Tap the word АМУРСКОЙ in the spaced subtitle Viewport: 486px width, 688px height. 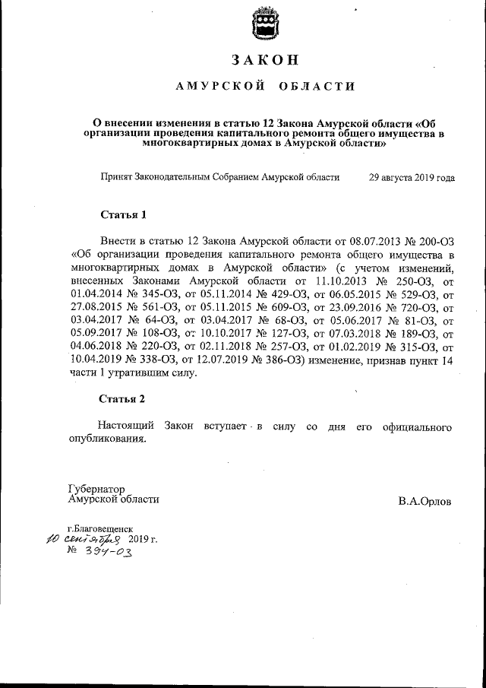click(x=220, y=87)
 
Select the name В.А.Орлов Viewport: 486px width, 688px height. click(x=424, y=502)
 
